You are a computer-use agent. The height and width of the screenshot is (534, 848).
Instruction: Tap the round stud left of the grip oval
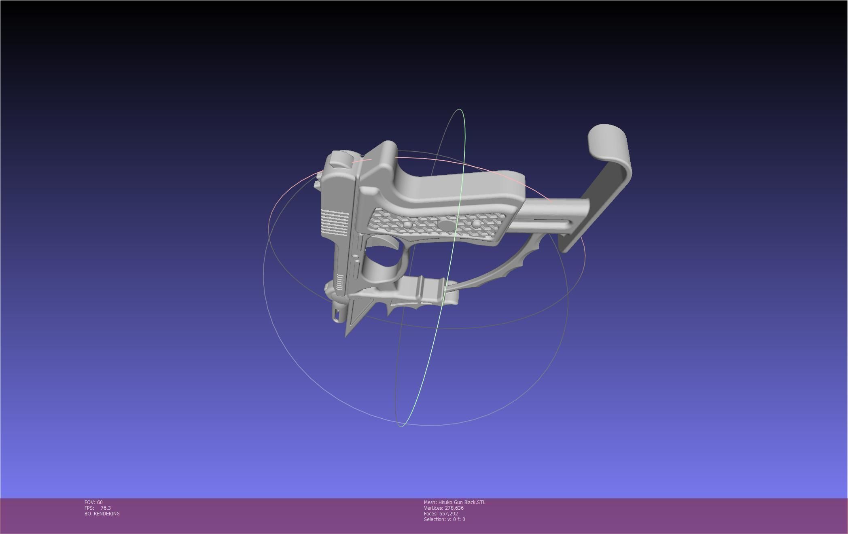pyautogui.click(x=408, y=224)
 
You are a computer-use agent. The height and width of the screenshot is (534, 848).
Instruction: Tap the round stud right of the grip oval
pyautogui.click(x=476, y=224)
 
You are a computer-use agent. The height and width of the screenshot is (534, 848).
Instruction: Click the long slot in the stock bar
pyautogui.click(x=546, y=222)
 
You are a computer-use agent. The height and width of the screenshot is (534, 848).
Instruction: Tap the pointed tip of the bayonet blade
pyautogui.click(x=346, y=335)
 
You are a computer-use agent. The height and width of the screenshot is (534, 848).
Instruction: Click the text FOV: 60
pyautogui.click(x=93, y=502)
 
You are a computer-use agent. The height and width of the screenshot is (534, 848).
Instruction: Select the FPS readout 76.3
pyautogui.click(x=105, y=508)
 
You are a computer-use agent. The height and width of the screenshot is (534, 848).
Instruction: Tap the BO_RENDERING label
pyautogui.click(x=102, y=513)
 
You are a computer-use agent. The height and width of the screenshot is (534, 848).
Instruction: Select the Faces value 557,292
pyautogui.click(x=448, y=513)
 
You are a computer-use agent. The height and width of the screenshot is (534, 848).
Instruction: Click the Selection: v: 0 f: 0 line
pyautogui.click(x=444, y=519)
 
